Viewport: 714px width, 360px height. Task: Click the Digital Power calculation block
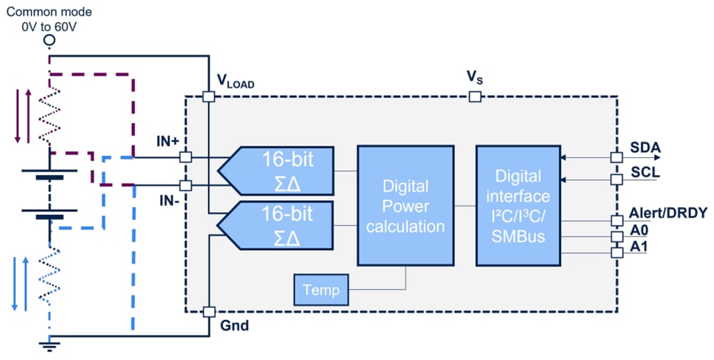click(406, 206)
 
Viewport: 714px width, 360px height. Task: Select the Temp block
click(321, 291)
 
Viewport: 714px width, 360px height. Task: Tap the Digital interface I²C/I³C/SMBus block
click(518, 206)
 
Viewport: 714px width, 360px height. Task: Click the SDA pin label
click(645, 149)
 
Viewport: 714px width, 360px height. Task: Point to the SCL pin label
click(645, 173)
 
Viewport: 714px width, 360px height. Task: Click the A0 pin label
click(640, 231)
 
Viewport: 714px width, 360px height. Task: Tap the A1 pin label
click(640, 247)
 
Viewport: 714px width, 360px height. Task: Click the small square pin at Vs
click(473, 96)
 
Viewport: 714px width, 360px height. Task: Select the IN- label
click(167, 199)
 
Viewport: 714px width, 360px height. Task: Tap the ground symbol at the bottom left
click(49, 347)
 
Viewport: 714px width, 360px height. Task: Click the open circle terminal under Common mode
click(49, 41)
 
